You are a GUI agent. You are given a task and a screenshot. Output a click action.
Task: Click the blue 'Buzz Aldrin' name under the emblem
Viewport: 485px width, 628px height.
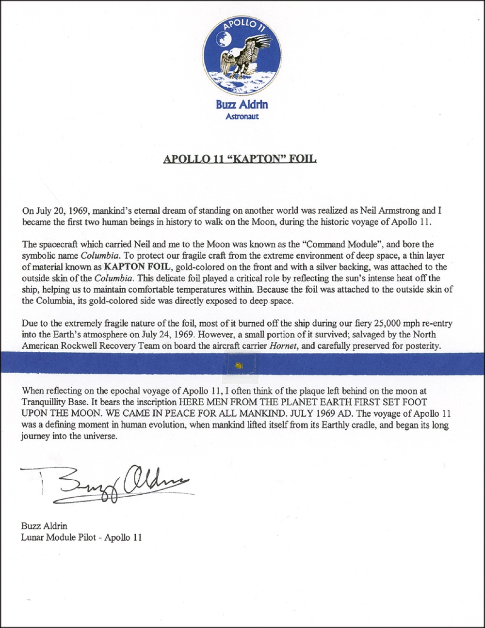point(242,105)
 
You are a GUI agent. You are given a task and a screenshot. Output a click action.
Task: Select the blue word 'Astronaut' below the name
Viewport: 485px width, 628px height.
point(242,116)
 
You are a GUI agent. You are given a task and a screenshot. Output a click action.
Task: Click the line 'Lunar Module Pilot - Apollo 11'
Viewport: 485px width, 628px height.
point(81,537)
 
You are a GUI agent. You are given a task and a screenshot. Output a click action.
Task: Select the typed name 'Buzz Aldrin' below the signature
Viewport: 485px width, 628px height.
point(44,526)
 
